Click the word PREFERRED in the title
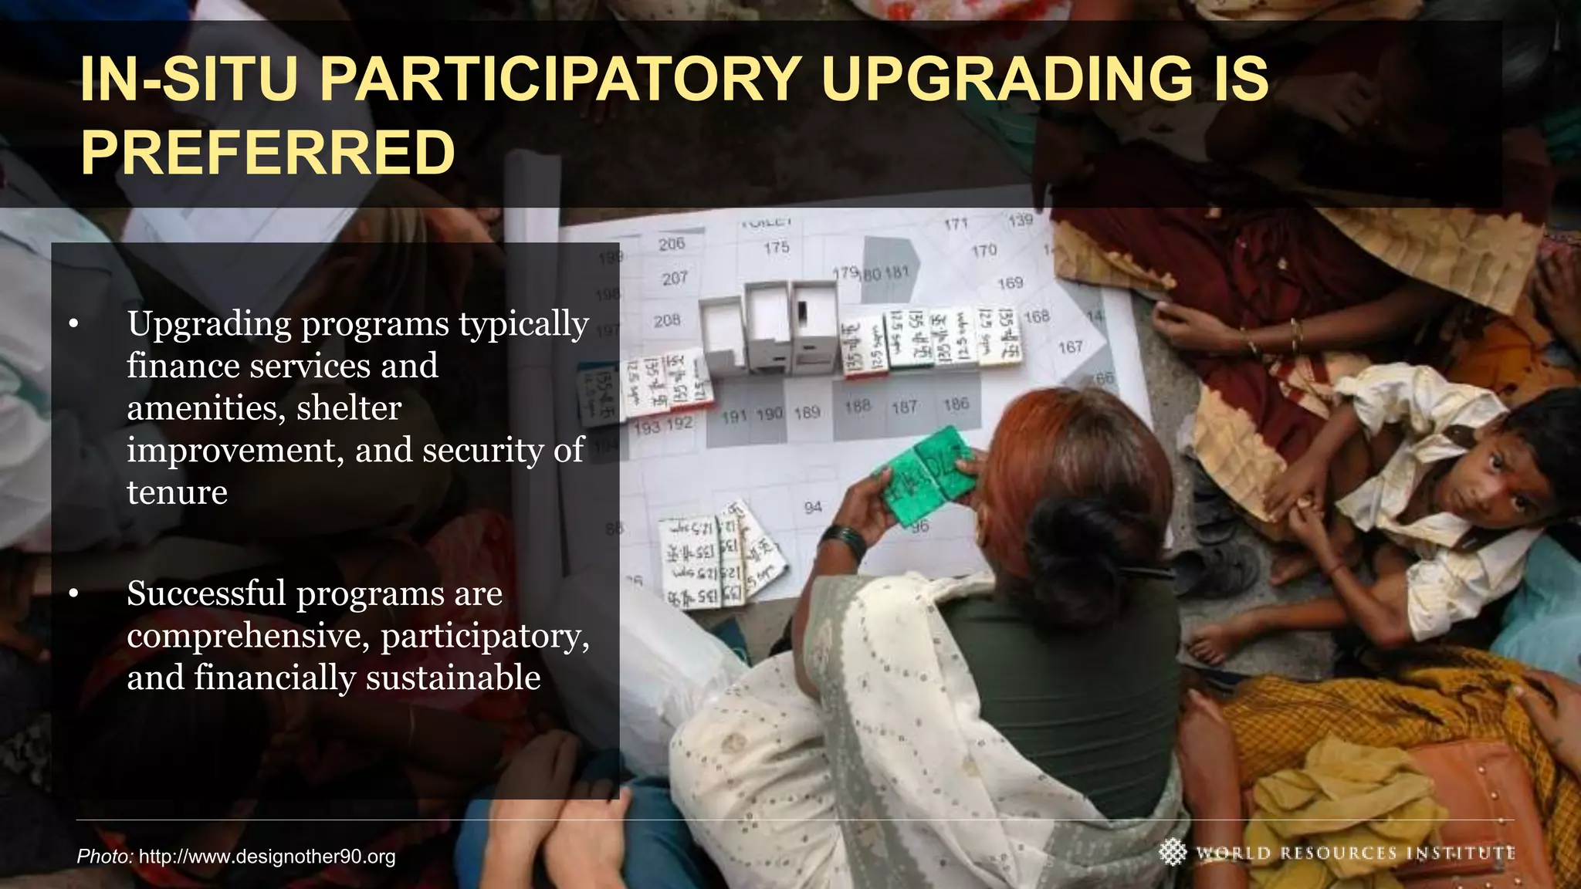tap(267, 153)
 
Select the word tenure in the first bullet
tap(177, 492)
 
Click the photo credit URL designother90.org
tap(267, 857)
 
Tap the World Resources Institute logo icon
tap(1173, 852)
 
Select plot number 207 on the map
tap(674, 278)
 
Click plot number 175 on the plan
tap(777, 248)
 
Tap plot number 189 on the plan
tap(807, 413)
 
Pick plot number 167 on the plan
tap(1070, 348)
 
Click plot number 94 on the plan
tap(813, 508)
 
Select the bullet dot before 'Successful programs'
tap(73, 594)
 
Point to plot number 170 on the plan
tap(984, 251)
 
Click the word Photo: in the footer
tap(105, 857)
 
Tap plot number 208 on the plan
tap(667, 320)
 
